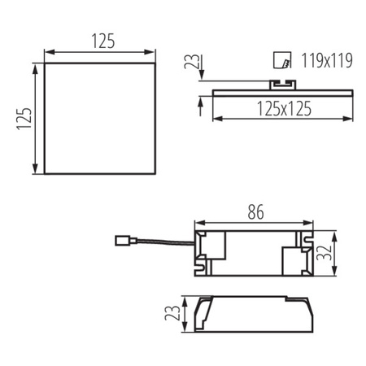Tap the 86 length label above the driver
coord(253,214)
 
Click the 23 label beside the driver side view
coord(172,313)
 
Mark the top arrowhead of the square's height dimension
coord(34,71)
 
